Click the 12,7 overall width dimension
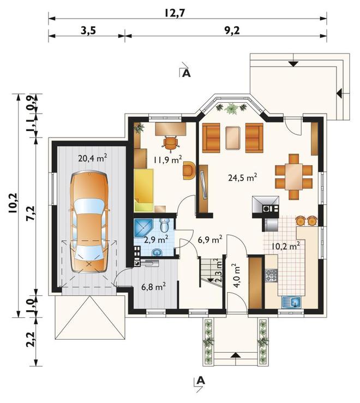click(175, 13)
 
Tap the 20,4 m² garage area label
click(93, 158)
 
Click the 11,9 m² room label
click(168, 159)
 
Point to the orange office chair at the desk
click(170, 143)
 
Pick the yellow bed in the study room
click(143, 190)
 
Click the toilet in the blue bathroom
click(164, 225)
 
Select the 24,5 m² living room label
click(243, 177)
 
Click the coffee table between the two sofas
click(233, 138)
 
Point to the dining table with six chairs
click(293, 176)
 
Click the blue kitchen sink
click(291, 303)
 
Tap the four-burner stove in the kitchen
click(272, 275)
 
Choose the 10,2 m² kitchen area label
click(286, 246)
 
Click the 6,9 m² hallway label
click(210, 240)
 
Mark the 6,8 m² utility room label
click(153, 286)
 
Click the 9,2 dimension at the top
click(232, 31)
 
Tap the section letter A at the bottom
click(201, 381)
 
